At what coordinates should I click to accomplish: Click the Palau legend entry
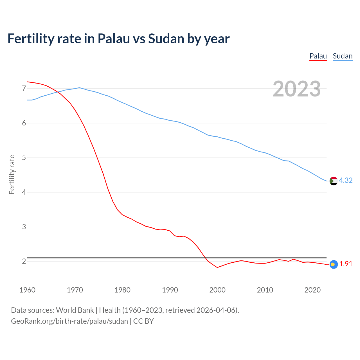pos(318,56)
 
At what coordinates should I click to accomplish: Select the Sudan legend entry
pos(343,56)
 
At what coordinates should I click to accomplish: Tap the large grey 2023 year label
pos(297,89)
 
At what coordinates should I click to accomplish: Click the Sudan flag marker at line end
pos(334,181)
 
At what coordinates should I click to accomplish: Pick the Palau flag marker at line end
pos(334,264)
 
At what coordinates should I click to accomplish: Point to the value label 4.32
pos(346,180)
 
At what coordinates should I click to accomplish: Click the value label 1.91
pos(346,264)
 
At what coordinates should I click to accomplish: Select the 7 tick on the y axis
pos(24,89)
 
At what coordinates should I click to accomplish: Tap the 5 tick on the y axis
pos(24,158)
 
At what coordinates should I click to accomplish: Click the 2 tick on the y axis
pos(24,262)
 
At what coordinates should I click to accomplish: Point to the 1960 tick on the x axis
pos(27,290)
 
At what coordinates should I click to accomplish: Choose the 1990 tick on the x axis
pos(170,290)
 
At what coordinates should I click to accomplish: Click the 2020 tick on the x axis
pos(312,290)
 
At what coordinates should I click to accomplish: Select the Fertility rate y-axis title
pos(12,174)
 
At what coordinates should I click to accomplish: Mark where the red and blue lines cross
pos(57,92)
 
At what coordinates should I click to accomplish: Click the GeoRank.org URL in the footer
pos(69,321)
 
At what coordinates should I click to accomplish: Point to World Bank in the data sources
pos(75,310)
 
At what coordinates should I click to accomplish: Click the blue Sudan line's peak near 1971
pos(79,87)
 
